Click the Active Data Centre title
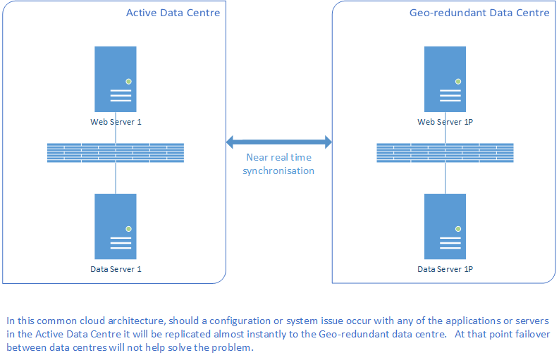pyautogui.click(x=173, y=13)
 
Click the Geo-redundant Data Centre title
pyautogui.click(x=479, y=13)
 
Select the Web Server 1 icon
pyautogui.click(x=116, y=79)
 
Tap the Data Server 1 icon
pyautogui.click(x=116, y=226)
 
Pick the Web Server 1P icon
pyautogui.click(x=445, y=79)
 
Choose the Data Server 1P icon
pyautogui.click(x=445, y=226)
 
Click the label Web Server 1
pyautogui.click(x=116, y=122)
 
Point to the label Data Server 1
pyautogui.click(x=116, y=269)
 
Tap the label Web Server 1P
pyautogui.click(x=446, y=122)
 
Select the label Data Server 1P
pyautogui.click(x=446, y=269)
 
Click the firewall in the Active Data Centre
pyautogui.click(x=116, y=153)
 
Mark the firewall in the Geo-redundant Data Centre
pyautogui.click(x=445, y=153)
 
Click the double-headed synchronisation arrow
pyautogui.click(x=279, y=142)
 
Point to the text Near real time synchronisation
pyautogui.click(x=278, y=164)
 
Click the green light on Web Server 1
pyautogui.click(x=129, y=82)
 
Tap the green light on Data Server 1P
pyautogui.click(x=458, y=229)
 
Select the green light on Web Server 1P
pyautogui.click(x=458, y=82)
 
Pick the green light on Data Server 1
pyautogui.click(x=129, y=229)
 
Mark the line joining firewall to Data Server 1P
pyautogui.click(x=445, y=178)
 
